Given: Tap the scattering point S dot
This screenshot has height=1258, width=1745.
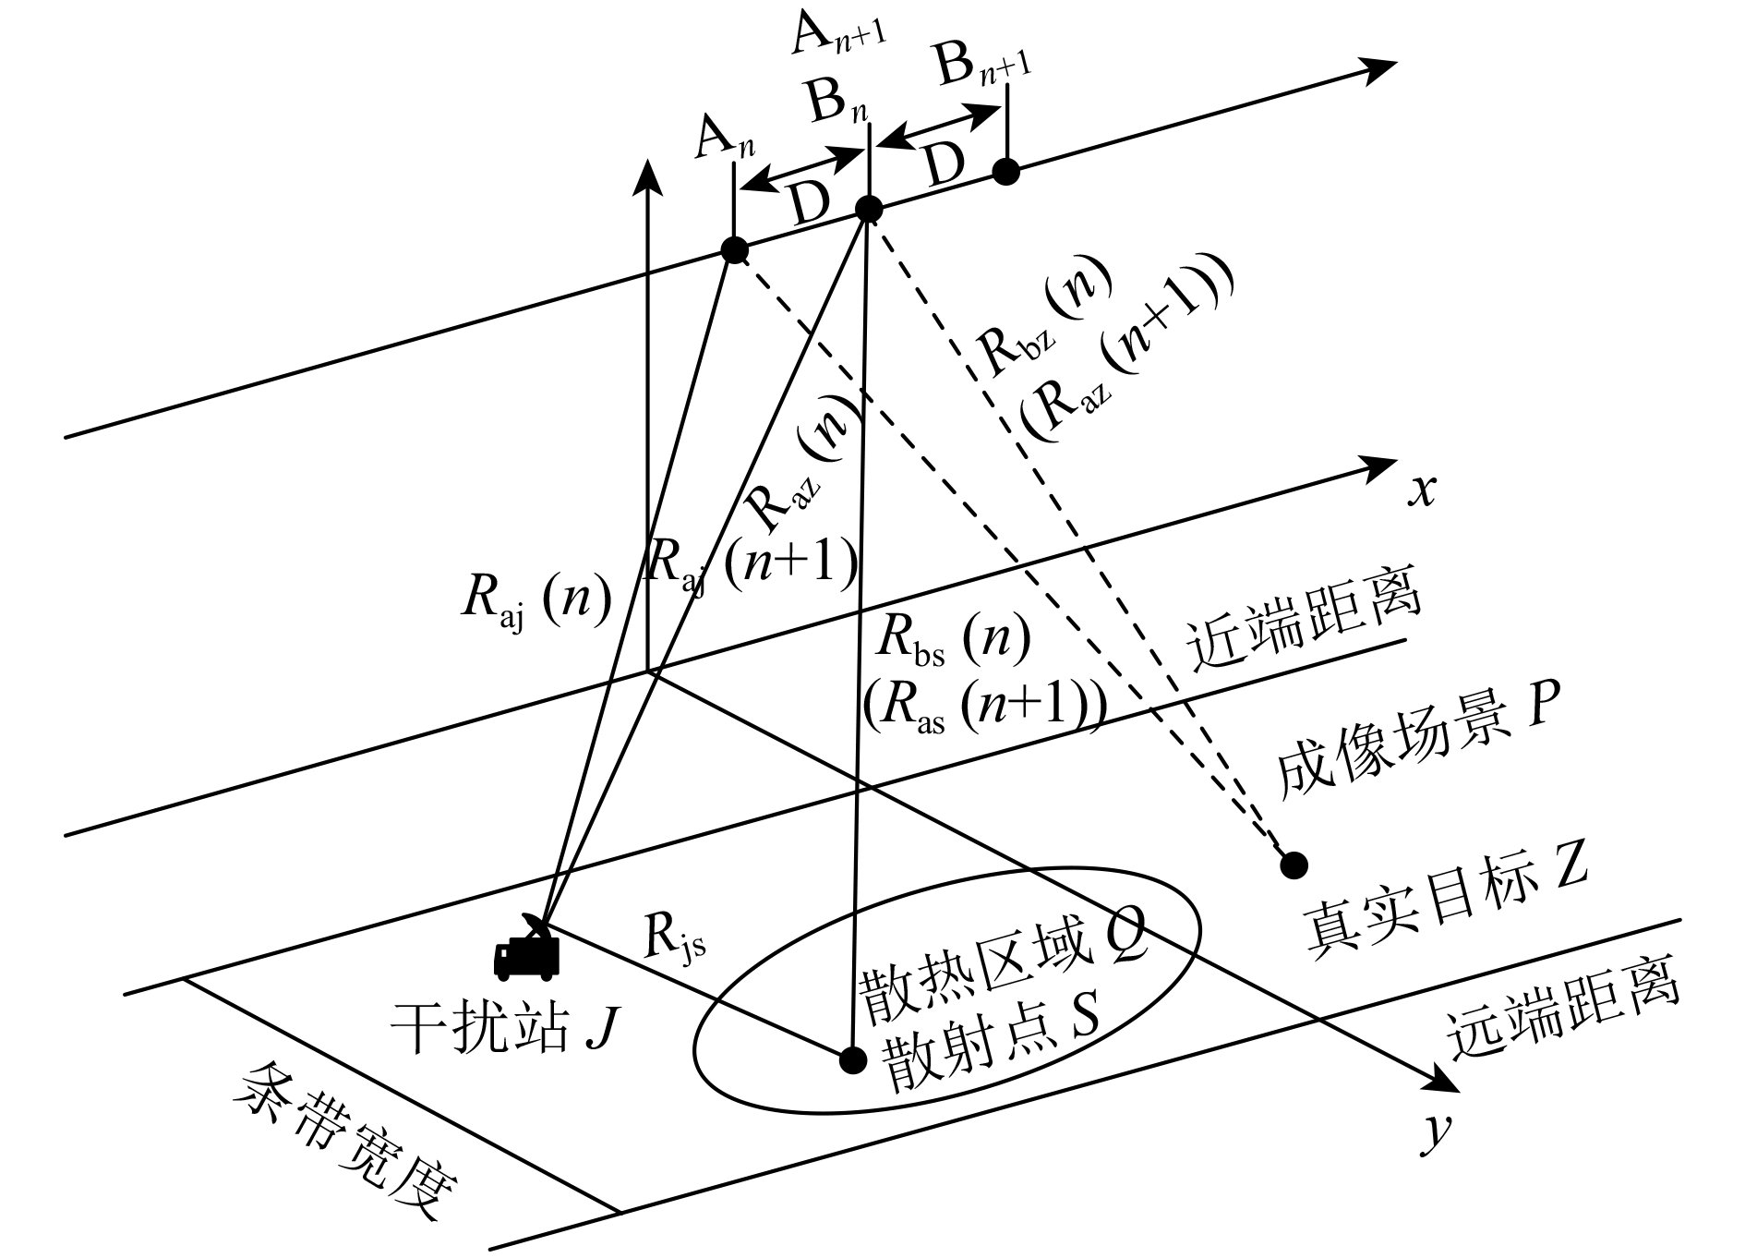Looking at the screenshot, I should pos(851,1059).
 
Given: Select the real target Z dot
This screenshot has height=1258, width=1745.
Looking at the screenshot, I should pos(1294,865).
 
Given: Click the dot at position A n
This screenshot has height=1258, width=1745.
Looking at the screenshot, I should pos(734,249).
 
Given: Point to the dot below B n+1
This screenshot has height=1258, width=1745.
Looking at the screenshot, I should pos(1005,171).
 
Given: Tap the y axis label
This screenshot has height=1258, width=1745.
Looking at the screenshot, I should pos(1431,1136).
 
